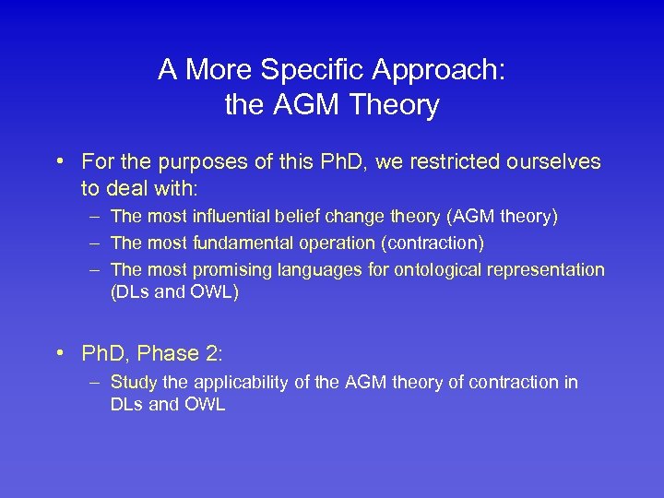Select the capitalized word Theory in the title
pos(394,106)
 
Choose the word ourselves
pos(551,163)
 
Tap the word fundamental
pos(241,243)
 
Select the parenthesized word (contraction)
pos(433,243)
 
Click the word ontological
pos(443,270)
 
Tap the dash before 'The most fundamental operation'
pos(95,243)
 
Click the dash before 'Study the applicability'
pos(95,382)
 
